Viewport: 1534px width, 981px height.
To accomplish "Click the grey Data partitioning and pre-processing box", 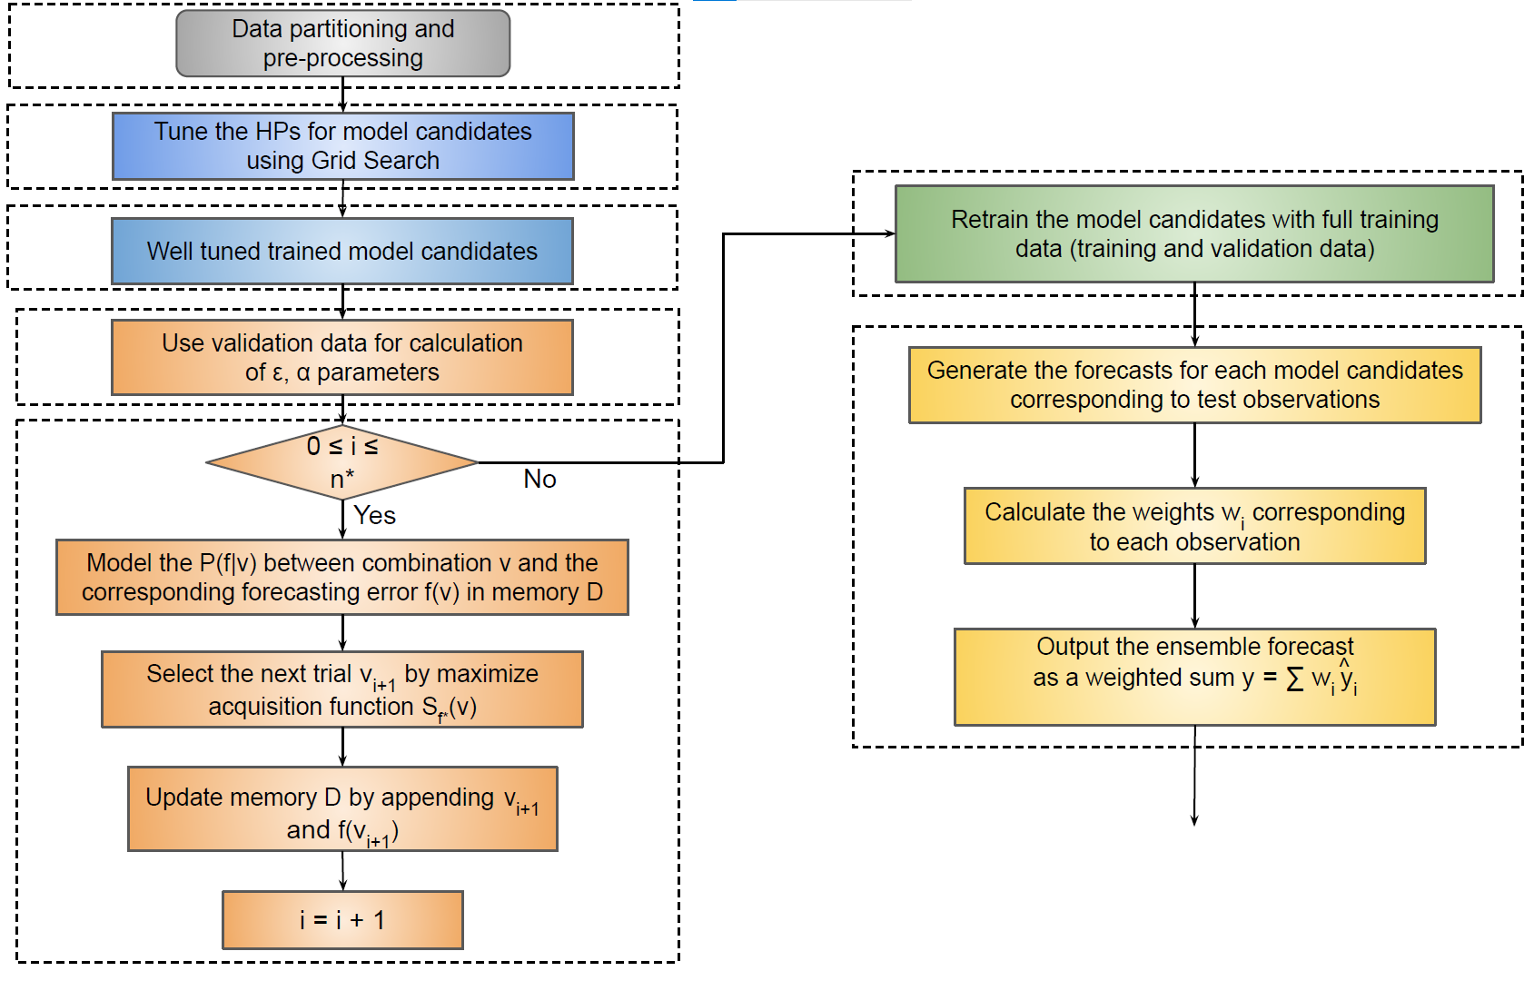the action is (x=343, y=44).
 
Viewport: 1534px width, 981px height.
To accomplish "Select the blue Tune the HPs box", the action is (x=343, y=146).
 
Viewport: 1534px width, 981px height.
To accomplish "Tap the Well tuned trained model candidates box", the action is (x=342, y=251).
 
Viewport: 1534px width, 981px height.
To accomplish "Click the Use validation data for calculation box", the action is (x=342, y=357).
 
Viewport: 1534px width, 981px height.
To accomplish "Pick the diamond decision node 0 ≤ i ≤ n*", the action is (x=342, y=462).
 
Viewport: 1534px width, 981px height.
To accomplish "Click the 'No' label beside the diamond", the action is (x=539, y=479).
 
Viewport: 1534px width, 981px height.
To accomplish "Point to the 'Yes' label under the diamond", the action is (x=374, y=515).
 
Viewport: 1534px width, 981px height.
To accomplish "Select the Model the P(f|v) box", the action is (x=342, y=578).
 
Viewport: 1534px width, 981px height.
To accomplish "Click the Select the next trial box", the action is (x=342, y=689).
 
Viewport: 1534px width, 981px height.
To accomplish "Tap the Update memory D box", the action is (x=342, y=809).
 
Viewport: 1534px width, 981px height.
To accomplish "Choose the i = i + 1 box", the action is (x=342, y=920).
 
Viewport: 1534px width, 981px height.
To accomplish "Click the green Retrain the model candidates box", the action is (x=1194, y=233).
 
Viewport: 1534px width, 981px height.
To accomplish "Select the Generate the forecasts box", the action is (x=1194, y=385).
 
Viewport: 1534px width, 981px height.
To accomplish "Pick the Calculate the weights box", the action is (x=1194, y=526).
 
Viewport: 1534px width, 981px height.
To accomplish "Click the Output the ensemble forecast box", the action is (x=1194, y=677).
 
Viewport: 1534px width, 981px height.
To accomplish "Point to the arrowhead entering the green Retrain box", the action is (x=892, y=233).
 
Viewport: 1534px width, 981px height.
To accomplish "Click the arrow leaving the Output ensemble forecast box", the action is (x=1194, y=776).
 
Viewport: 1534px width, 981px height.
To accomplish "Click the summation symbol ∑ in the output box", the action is (x=1294, y=679).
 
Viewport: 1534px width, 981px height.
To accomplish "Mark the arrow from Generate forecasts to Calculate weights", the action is (x=1194, y=456).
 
